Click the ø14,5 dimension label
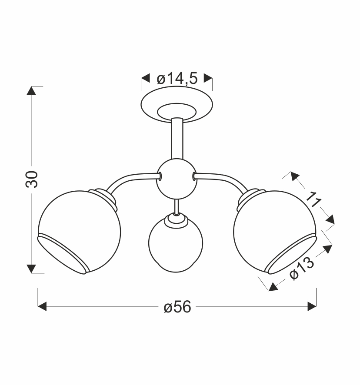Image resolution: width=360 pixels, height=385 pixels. [x=177, y=79]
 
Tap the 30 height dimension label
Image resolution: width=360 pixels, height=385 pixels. [x=32, y=179]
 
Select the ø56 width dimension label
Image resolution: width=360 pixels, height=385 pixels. [x=177, y=307]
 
